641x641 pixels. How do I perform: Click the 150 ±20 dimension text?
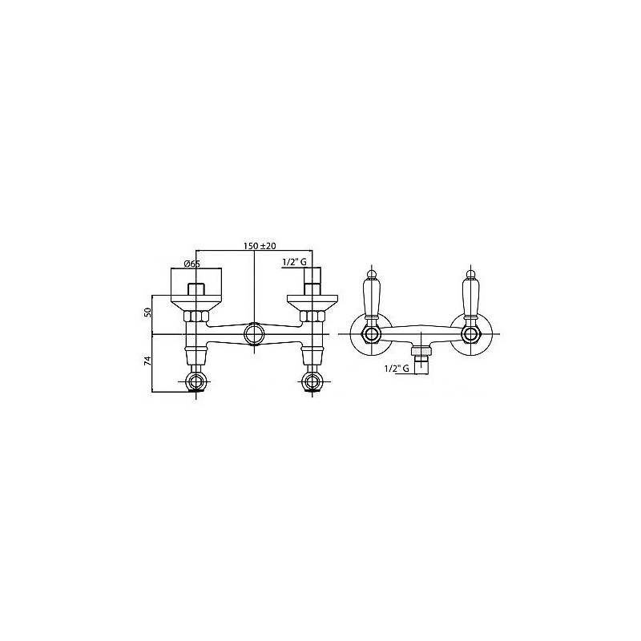pos(260,246)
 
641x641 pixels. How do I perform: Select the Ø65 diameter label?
pos(192,264)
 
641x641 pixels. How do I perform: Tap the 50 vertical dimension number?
pos(148,312)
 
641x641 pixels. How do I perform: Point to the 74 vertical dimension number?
pos(148,360)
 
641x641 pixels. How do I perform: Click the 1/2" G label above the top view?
pos(294,262)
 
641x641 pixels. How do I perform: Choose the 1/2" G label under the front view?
pos(397,369)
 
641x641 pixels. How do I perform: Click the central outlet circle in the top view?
pos(254,334)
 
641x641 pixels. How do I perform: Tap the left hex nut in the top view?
pos(196,316)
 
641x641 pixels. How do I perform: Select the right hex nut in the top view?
pos(312,316)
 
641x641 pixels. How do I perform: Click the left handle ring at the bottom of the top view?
pos(196,382)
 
